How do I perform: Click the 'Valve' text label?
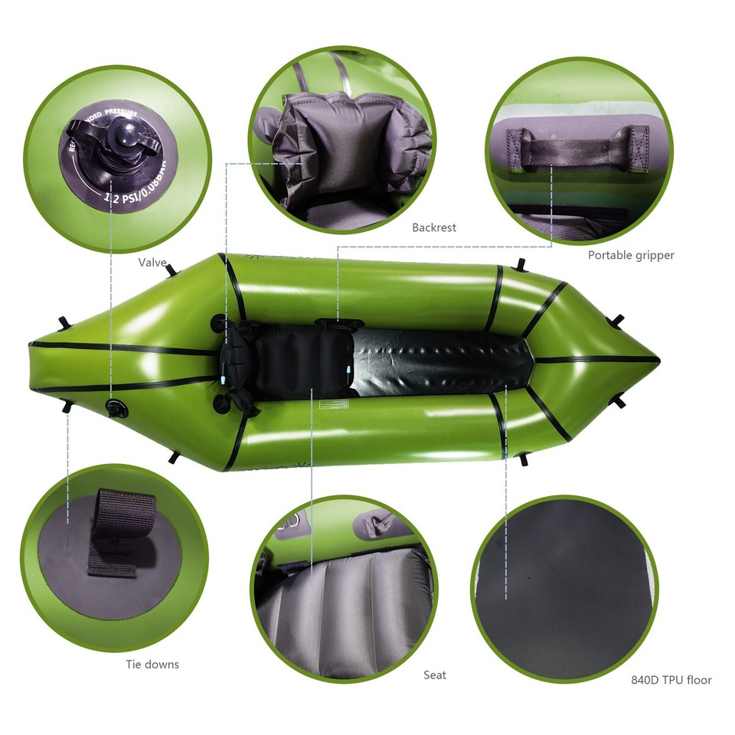pyautogui.click(x=152, y=263)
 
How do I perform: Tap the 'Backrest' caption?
pyautogui.click(x=433, y=227)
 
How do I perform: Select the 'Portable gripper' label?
pyautogui.click(x=631, y=255)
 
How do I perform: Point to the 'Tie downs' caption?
pyautogui.click(x=152, y=664)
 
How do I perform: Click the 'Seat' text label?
pyautogui.click(x=434, y=675)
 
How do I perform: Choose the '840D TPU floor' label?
pyautogui.click(x=671, y=679)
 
